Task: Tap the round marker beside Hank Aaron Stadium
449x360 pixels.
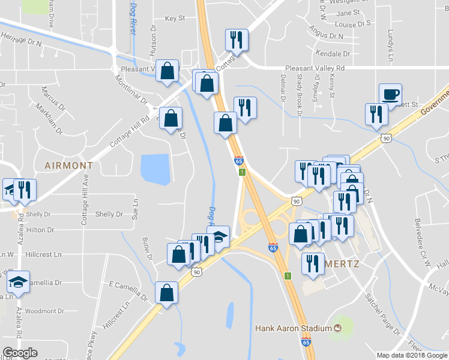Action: (x=337, y=328)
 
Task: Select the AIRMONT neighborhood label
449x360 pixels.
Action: (x=68, y=165)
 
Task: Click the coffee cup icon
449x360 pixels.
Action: (x=390, y=94)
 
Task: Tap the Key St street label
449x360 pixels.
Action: (x=174, y=19)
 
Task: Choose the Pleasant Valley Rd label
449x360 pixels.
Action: (x=315, y=68)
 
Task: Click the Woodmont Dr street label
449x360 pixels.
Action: (x=44, y=311)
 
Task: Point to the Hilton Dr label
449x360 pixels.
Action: (x=40, y=230)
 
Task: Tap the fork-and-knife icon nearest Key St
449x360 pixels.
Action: (x=237, y=40)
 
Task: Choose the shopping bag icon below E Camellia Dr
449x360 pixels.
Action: (x=166, y=293)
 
